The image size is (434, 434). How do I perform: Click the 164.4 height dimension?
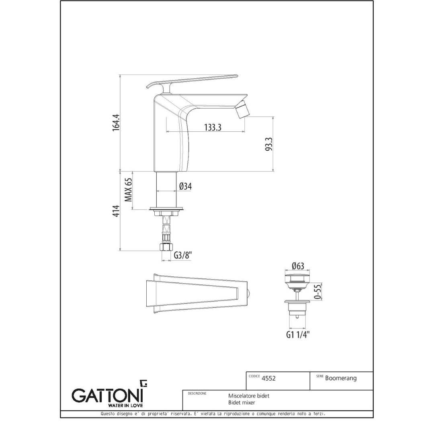point(117,122)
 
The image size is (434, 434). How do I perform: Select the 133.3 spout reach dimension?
point(213,127)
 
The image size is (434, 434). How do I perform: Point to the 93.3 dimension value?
point(269,144)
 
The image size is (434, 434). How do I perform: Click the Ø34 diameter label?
point(185,186)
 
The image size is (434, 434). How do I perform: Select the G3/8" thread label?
point(183,255)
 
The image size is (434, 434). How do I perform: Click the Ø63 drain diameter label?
point(298,266)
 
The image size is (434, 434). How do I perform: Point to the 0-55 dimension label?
point(318,292)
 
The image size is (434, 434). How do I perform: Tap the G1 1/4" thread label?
point(298,334)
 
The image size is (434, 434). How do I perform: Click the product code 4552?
point(268,378)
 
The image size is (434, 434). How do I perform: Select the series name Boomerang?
point(341,378)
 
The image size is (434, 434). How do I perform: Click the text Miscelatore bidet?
point(249,396)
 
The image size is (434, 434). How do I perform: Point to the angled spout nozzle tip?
point(242,109)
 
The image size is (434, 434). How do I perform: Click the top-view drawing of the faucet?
point(197,294)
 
